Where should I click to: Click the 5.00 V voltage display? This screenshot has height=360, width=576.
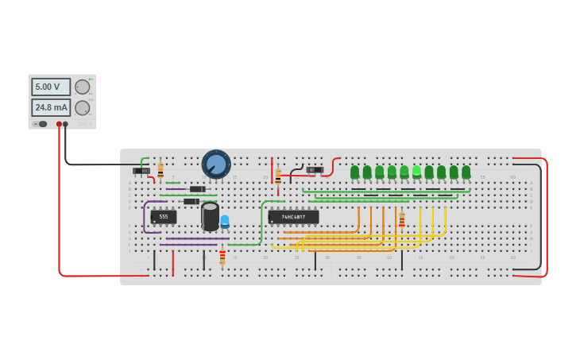coord(50,87)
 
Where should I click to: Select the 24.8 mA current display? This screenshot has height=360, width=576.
coord(50,106)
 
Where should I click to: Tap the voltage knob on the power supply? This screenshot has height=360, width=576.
coord(82,87)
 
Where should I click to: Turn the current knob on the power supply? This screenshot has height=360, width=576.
coord(82,107)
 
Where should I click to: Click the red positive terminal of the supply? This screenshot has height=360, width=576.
coord(59,124)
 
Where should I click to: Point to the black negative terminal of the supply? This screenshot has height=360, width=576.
coord(65,124)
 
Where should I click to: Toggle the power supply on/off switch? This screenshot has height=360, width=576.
coord(42,124)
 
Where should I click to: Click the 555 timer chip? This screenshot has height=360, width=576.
coord(163,216)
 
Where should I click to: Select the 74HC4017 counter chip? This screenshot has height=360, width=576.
coord(293,216)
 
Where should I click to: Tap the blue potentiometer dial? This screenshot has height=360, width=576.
coord(216,165)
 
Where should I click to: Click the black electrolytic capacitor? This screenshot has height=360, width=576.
coord(210,216)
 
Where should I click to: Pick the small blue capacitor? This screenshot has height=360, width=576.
coord(225,221)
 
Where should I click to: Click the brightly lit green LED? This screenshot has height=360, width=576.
coord(416,171)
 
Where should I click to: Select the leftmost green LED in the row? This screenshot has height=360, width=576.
coord(354,172)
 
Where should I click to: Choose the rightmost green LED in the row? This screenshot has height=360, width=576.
coord(466,172)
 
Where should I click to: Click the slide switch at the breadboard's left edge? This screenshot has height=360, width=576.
coord(141,171)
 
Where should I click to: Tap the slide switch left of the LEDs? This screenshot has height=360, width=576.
coord(315,169)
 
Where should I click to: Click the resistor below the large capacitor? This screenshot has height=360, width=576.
coord(222,256)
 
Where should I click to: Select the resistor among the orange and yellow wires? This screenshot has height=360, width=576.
coord(402,220)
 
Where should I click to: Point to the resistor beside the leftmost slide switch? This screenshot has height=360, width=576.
coord(160,170)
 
